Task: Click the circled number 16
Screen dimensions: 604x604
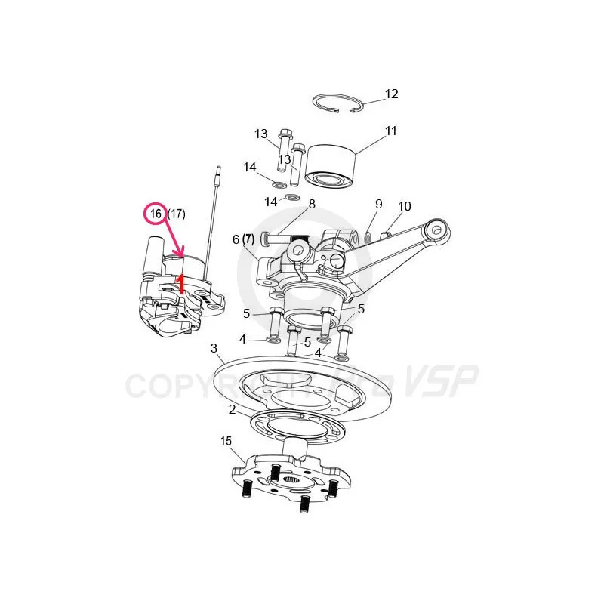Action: tap(156, 214)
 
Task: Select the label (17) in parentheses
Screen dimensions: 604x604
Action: tap(177, 214)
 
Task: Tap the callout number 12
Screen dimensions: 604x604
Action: tap(391, 94)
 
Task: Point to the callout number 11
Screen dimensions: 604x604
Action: tap(390, 131)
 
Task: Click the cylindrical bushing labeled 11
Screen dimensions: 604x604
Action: tap(330, 166)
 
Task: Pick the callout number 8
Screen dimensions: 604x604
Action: tap(312, 204)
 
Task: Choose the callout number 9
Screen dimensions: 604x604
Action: tap(379, 204)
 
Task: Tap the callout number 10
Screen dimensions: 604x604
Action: tap(405, 206)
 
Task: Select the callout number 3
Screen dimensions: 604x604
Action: tap(214, 348)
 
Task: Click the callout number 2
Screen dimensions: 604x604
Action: tap(232, 409)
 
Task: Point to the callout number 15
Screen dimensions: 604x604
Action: tap(226, 441)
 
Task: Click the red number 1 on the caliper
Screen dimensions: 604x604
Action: tap(180, 284)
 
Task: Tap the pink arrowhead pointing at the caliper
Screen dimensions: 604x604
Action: tap(180, 252)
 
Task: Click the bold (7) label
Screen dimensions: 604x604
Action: tap(248, 239)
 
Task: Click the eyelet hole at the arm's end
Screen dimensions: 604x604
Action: tap(436, 230)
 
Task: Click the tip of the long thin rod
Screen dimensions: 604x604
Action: tap(219, 167)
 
